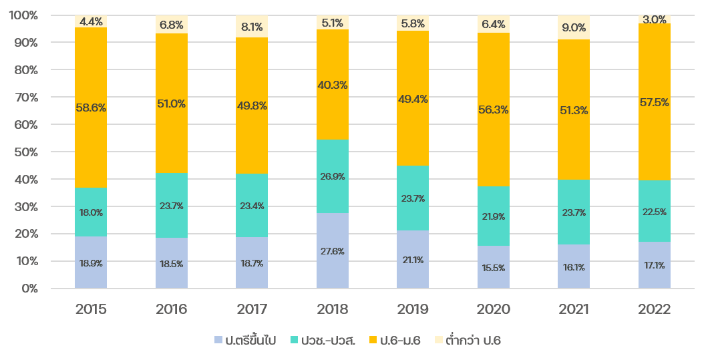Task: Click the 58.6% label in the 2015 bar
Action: (91, 107)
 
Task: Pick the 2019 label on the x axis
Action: (413, 309)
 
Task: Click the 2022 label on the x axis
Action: (654, 309)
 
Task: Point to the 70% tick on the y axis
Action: (25, 98)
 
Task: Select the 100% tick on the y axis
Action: (23, 15)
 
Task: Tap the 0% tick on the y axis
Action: (28, 289)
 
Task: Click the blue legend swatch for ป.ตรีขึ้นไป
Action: (218, 341)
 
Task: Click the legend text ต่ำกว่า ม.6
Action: (473, 341)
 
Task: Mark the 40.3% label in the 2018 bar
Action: (332, 85)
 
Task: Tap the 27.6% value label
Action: (332, 251)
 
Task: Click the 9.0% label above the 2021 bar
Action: (574, 28)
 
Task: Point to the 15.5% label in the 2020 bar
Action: (494, 268)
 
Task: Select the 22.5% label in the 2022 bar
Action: (654, 212)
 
